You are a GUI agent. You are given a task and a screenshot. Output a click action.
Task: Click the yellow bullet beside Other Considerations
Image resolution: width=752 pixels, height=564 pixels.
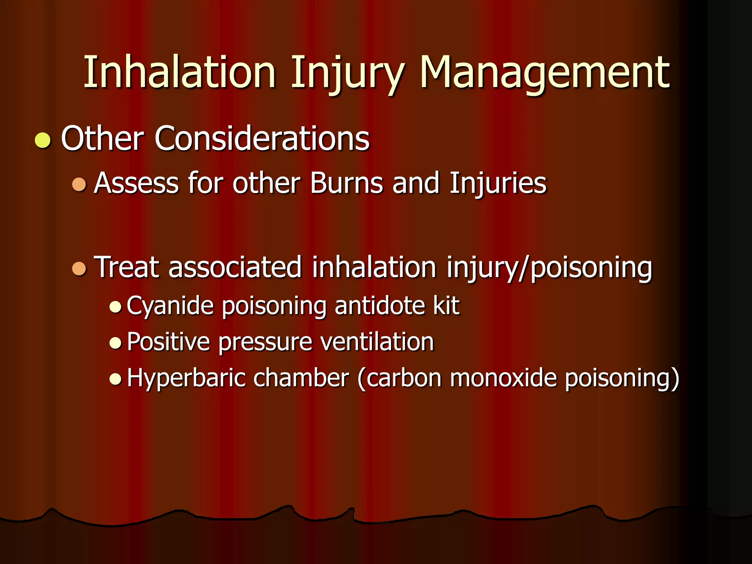point(43,140)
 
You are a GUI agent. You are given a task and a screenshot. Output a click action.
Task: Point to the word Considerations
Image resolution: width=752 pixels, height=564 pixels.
point(262,138)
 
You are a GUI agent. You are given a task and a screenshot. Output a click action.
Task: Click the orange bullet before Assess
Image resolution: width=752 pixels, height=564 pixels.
point(79,184)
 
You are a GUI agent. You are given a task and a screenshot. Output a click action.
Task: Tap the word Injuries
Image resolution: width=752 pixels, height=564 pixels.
point(498,183)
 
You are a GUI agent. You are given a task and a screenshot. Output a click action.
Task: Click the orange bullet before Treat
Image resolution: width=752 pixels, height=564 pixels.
point(79,268)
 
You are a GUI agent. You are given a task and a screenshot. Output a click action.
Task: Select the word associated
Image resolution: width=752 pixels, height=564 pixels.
point(235,267)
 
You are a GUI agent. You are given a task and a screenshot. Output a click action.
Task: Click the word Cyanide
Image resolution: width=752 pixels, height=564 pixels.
point(170,305)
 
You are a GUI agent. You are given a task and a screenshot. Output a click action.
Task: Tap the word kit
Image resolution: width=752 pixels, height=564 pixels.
point(446,305)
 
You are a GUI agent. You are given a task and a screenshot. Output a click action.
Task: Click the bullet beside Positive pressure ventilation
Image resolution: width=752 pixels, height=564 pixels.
point(115,343)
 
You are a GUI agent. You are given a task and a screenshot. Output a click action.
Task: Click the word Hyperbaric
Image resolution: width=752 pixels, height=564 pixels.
point(186,378)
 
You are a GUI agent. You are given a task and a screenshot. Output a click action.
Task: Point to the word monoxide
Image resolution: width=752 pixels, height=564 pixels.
point(503,378)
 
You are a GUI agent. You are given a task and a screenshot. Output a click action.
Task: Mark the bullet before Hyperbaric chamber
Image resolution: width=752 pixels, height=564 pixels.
point(115,379)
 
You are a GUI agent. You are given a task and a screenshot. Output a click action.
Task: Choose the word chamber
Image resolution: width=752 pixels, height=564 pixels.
point(301,378)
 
